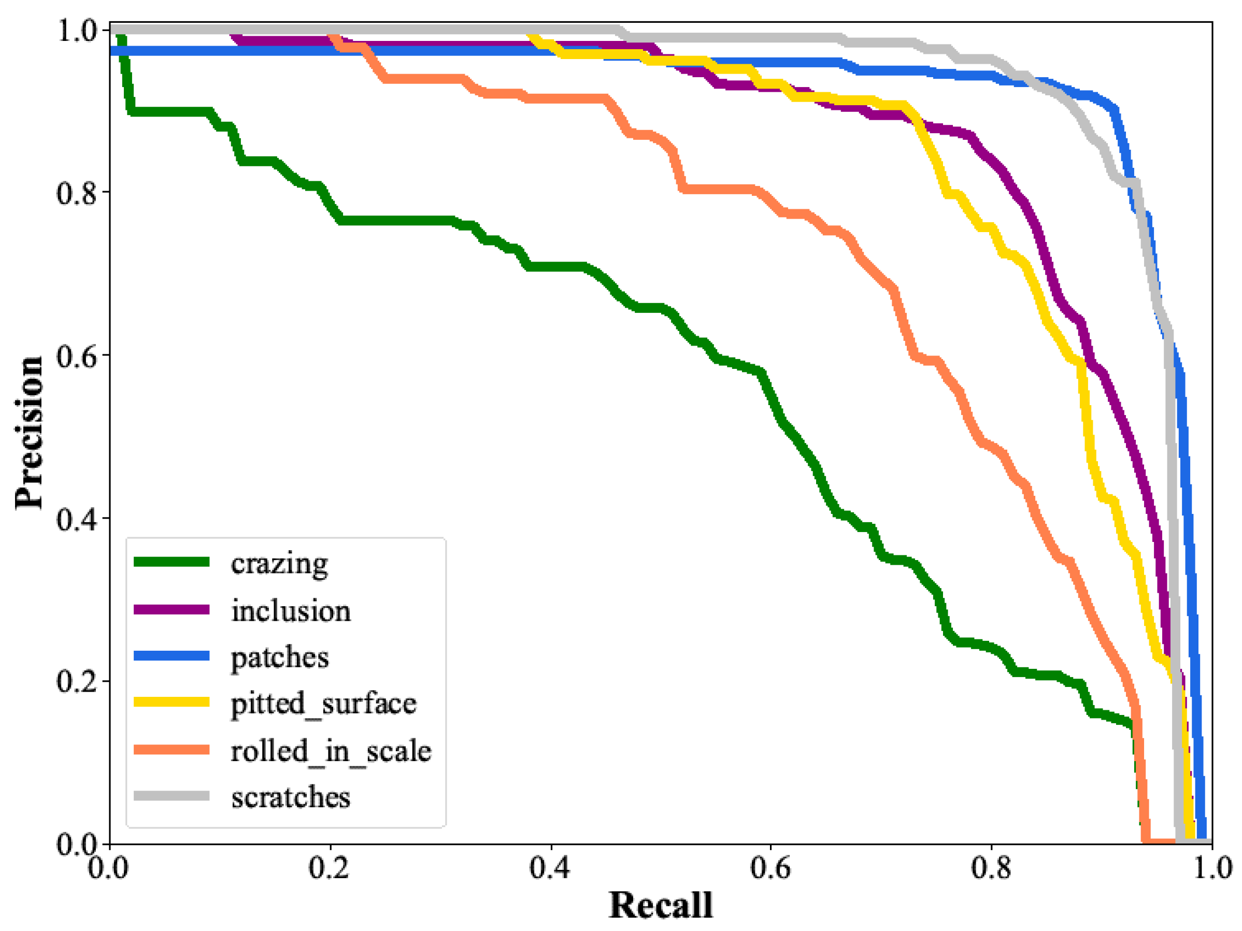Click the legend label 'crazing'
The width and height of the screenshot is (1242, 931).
tap(279, 564)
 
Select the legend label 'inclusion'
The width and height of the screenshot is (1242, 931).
tap(291, 611)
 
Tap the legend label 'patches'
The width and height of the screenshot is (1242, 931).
tap(280, 657)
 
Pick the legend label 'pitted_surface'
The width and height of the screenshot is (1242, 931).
tap(323, 704)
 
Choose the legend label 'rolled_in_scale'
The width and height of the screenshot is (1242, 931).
tap(331, 751)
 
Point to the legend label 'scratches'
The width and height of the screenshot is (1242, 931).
tap(290, 797)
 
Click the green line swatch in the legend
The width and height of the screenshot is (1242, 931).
tap(172, 562)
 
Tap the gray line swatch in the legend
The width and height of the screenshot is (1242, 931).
tap(172, 796)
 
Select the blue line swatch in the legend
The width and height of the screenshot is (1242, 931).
tap(172, 655)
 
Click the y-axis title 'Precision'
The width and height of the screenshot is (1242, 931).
tap(29, 433)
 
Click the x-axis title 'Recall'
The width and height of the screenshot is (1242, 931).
tap(660, 905)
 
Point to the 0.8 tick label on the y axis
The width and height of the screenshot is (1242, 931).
tap(77, 193)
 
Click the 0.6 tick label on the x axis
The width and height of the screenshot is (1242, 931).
tap(770, 868)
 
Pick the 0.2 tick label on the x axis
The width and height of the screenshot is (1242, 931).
tap(330, 868)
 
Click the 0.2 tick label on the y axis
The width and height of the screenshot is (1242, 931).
tap(77, 681)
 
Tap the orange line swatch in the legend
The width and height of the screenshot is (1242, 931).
tap(172, 749)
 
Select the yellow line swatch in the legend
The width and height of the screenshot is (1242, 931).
tap(172, 702)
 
